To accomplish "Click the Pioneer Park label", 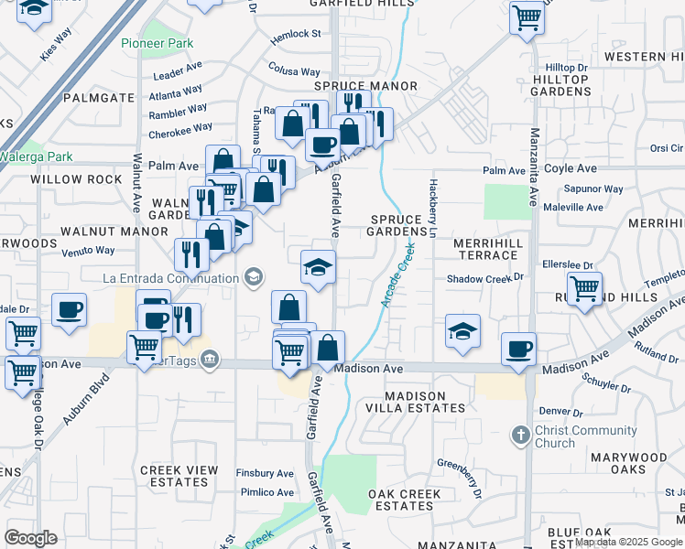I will [157, 43].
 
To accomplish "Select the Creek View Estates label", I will [179, 476].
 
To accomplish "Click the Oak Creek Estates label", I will [405, 500].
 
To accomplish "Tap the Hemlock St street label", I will [296, 34].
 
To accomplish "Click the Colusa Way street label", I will [294, 70].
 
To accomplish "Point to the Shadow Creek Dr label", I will [484, 278].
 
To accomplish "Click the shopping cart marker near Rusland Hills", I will [584, 288].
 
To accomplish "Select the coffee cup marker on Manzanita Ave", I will [519, 349].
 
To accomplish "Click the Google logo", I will [31, 538].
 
